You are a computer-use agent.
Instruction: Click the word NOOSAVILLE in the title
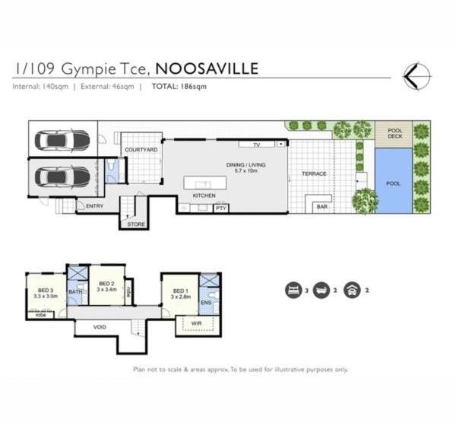pyautogui.click(x=207, y=68)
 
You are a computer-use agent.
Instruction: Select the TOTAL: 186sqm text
pyautogui.click(x=179, y=87)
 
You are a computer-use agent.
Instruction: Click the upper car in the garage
pyautogui.click(x=62, y=141)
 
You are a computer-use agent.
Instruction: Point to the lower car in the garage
pyautogui.click(x=62, y=176)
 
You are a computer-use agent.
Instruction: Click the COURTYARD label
pyautogui.click(x=141, y=151)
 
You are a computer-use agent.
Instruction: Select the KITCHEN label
pyautogui.click(x=204, y=196)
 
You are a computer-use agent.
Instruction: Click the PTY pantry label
pyautogui.click(x=221, y=208)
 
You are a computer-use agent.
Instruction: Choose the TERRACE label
pyautogui.click(x=314, y=174)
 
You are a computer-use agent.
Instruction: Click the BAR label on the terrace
pyautogui.click(x=321, y=206)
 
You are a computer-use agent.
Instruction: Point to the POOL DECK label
pyautogui.click(x=394, y=134)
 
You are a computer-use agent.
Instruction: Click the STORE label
pyautogui.click(x=136, y=224)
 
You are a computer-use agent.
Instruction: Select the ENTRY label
pyautogui.click(x=95, y=206)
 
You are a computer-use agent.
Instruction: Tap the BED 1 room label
pyautogui.click(x=180, y=291)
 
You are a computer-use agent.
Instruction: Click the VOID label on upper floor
pyautogui.click(x=100, y=328)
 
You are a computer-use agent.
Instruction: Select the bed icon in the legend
pyautogui.click(x=293, y=289)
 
